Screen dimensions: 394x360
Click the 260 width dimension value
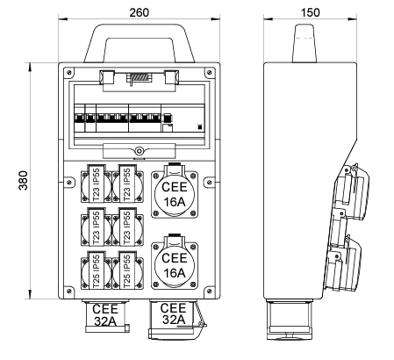(139, 12)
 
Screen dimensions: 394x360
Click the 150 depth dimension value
(310, 12)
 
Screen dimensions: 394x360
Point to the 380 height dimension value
(23, 181)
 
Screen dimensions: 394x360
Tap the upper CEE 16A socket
(175, 193)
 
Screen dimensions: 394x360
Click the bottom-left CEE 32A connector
(106, 315)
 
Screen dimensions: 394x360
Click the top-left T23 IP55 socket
(97, 184)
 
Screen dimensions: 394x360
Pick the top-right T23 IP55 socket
(127, 184)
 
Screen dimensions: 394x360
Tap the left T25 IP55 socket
(97, 270)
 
